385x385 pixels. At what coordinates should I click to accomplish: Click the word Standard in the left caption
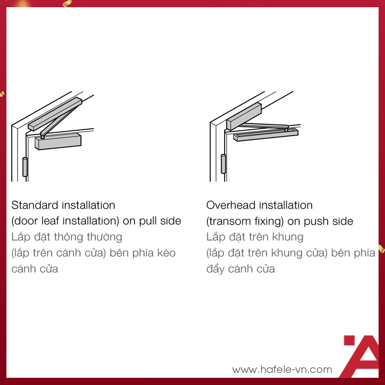pos(35,205)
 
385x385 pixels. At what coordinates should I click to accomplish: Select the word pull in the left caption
pos(148,221)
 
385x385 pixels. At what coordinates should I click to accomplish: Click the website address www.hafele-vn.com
pos(282,369)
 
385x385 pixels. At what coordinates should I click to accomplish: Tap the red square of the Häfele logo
pos(349,340)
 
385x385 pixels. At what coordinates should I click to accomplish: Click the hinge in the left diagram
pos(25,167)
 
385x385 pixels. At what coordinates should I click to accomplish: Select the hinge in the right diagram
pos(223,164)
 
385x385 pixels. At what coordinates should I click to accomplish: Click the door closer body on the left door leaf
pos(58,142)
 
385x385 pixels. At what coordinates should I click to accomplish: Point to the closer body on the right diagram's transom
pos(243,116)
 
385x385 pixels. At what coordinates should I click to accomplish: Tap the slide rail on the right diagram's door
pos(266,135)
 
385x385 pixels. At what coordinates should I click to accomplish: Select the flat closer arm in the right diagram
pos(263,126)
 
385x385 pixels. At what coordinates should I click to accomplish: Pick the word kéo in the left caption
pos(166,253)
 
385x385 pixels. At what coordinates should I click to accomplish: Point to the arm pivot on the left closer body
pos(43,136)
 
